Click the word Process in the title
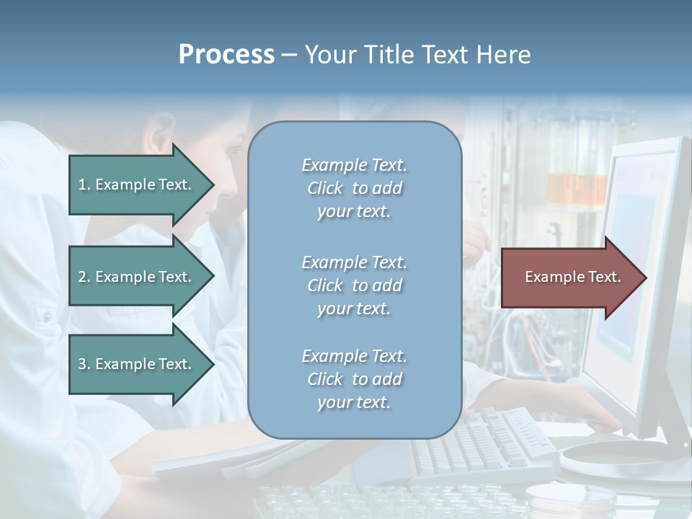(226, 55)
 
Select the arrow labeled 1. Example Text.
(137, 185)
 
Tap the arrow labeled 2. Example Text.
(137, 277)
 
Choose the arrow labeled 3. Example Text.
(137, 364)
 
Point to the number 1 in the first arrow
(82, 185)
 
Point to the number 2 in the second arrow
(82, 277)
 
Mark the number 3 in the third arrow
(82, 364)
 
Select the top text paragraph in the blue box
(354, 188)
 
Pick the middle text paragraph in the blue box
(354, 285)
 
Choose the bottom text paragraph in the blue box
(354, 379)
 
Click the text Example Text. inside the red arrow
(573, 277)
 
